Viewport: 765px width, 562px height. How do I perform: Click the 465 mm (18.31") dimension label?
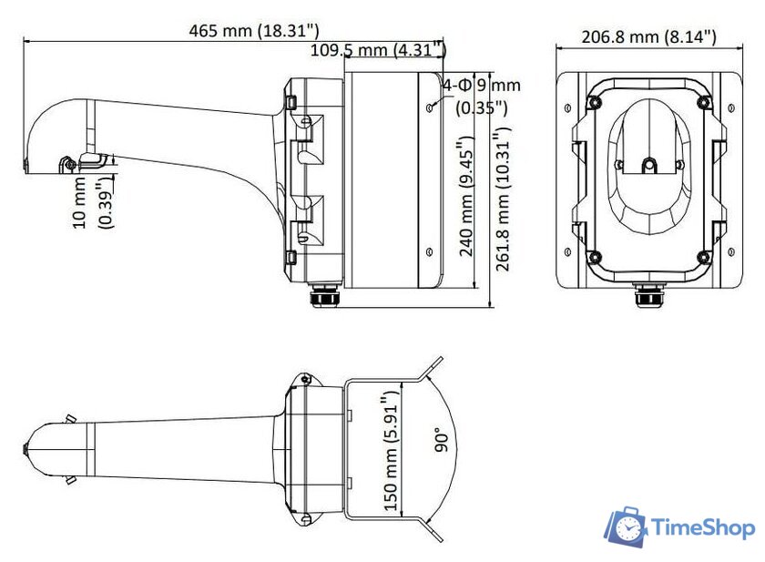click(x=254, y=30)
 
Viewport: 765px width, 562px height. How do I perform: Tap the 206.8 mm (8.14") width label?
click(x=648, y=36)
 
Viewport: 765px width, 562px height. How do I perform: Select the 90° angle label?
click(x=443, y=441)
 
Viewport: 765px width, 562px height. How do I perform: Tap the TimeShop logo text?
click(x=701, y=527)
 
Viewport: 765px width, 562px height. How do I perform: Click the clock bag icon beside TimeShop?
click(x=627, y=527)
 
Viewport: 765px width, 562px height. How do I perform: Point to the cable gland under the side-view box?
click(x=324, y=296)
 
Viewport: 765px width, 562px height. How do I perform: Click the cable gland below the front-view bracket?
click(x=648, y=297)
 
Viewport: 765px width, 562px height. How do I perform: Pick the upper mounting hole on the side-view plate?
click(x=429, y=107)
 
